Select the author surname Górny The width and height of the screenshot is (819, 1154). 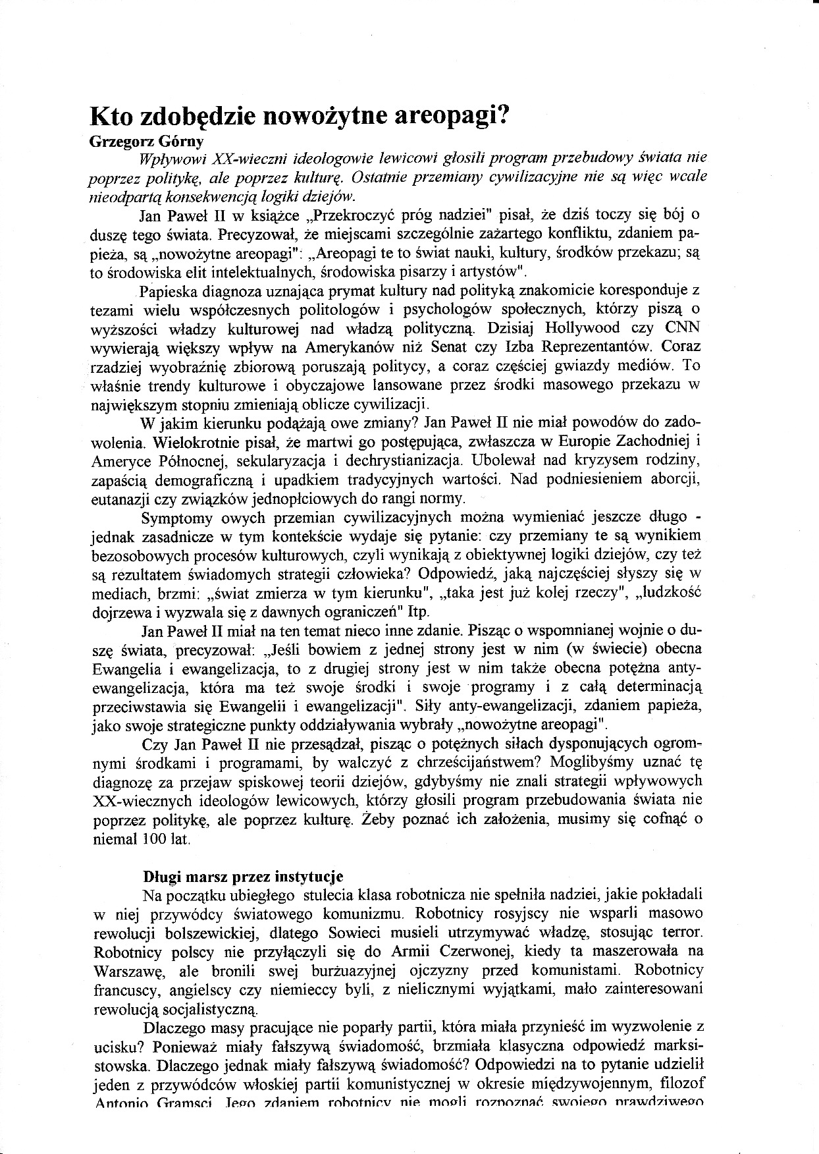(177, 141)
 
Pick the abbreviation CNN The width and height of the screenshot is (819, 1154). (683, 327)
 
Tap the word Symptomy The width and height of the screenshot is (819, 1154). (177, 516)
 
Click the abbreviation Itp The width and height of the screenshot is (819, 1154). (419, 611)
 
